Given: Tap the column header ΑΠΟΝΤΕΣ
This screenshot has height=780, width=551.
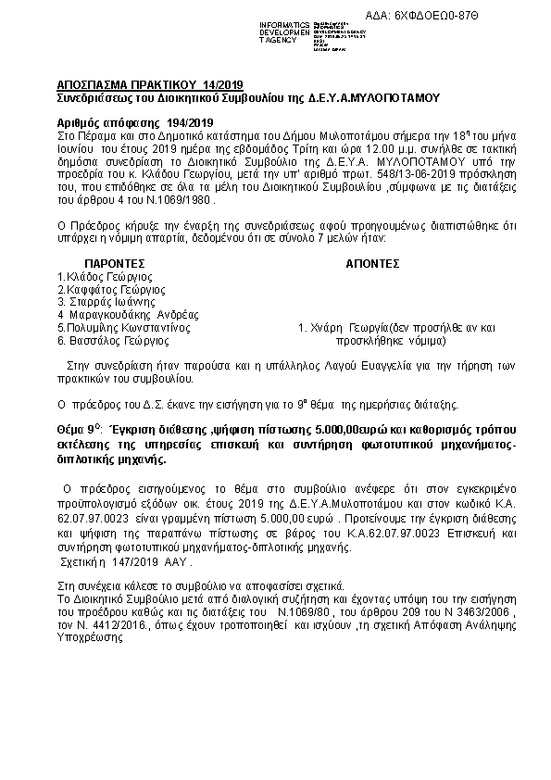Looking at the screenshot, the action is click(372, 263).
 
